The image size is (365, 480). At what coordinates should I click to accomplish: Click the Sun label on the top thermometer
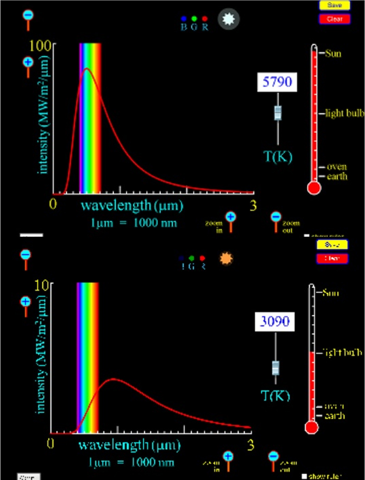coord(333,53)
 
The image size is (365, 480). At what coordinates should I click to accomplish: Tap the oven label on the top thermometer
coord(336,167)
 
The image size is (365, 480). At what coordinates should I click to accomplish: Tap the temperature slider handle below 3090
coord(275,367)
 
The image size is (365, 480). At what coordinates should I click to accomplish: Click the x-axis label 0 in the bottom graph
coord(52,444)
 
